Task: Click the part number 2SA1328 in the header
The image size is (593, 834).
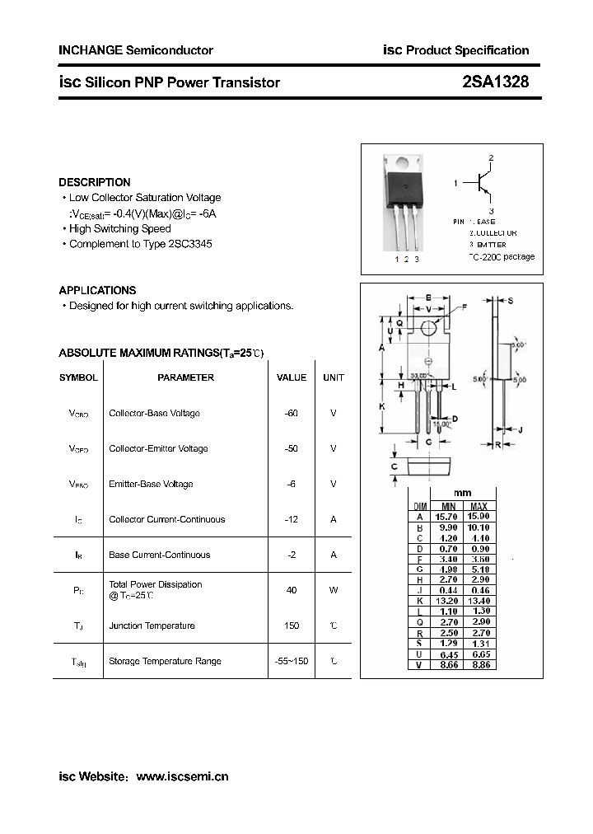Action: (496, 82)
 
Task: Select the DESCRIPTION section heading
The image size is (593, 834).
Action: (95, 182)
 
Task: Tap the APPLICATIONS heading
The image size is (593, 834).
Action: (97, 290)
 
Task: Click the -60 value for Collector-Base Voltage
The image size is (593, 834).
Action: (291, 413)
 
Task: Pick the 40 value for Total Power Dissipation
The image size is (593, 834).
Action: (292, 590)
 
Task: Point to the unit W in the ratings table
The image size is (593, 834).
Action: (334, 590)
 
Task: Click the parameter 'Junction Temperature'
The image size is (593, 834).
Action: (152, 625)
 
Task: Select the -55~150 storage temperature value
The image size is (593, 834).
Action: (292, 661)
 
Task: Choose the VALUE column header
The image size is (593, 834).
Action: (292, 377)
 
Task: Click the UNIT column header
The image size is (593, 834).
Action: (334, 377)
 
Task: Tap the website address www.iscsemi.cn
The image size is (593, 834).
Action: (182, 776)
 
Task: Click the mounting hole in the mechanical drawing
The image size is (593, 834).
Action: (428, 328)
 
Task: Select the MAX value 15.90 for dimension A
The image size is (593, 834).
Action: (479, 517)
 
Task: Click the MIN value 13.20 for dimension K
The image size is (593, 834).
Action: (448, 601)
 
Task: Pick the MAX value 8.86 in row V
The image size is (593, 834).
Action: (479, 664)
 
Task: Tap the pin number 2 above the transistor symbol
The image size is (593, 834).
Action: (491, 157)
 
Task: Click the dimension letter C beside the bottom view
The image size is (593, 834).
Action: (395, 467)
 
